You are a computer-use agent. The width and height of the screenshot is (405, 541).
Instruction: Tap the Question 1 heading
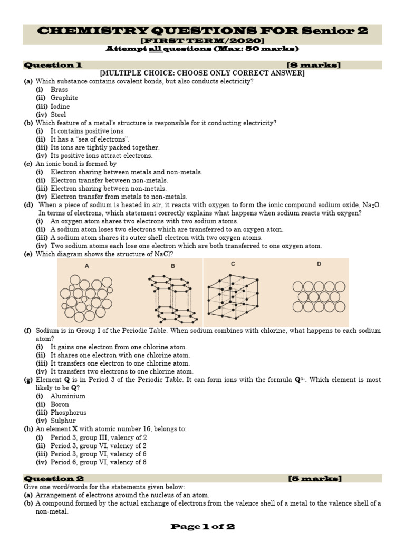(52, 65)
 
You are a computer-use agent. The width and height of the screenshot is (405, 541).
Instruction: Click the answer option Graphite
(64, 98)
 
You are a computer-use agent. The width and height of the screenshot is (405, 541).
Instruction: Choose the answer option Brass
(59, 89)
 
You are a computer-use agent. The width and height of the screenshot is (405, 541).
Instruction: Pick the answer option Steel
(59, 114)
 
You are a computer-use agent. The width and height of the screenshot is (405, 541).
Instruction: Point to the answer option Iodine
(60, 106)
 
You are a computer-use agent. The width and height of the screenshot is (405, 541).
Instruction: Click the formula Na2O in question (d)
(371, 205)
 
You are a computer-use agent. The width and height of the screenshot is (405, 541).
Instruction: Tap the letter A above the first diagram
(86, 266)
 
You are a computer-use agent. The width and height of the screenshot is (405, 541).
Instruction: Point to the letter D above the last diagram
(319, 264)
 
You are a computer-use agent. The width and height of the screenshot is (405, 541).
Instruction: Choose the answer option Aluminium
(67, 396)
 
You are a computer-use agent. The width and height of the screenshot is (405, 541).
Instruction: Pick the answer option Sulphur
(63, 421)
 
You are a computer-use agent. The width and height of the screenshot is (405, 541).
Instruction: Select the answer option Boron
(60, 404)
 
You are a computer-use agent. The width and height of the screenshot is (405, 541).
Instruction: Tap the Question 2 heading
(52, 479)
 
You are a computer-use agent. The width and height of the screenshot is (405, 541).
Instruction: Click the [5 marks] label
(315, 479)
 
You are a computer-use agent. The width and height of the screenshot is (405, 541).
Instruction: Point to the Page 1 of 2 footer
(202, 526)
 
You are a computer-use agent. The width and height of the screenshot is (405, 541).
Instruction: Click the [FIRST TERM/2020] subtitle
(202, 41)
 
